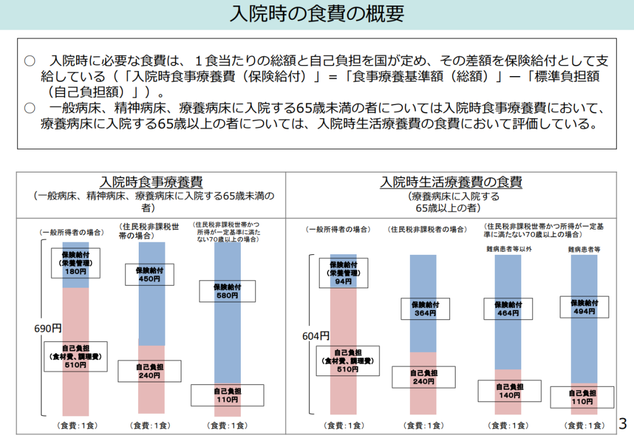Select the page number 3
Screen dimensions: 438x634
(x=623, y=424)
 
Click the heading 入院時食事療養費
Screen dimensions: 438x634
(x=151, y=182)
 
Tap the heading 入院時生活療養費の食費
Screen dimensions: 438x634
(x=451, y=182)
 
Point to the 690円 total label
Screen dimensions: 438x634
(x=48, y=328)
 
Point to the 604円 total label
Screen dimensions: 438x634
(x=316, y=336)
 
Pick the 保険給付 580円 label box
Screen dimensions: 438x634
(x=227, y=291)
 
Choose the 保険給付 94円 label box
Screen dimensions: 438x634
(x=344, y=273)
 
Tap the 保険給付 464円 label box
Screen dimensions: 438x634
(x=508, y=309)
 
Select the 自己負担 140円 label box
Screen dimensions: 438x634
(x=509, y=391)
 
